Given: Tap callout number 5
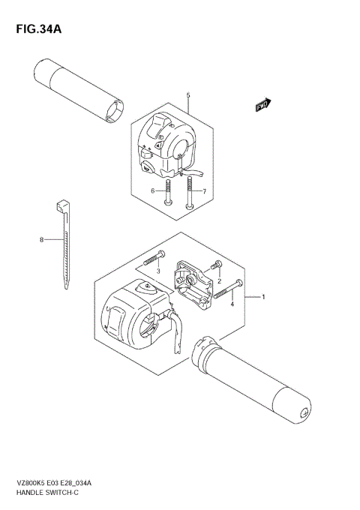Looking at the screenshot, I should click(x=188, y=95).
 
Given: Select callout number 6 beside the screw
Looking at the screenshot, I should click(x=152, y=191).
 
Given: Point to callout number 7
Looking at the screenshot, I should click(x=203, y=191).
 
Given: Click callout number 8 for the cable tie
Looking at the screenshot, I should click(x=42, y=239).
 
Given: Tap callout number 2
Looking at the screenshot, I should click(x=219, y=282).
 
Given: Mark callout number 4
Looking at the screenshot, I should click(x=232, y=304).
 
